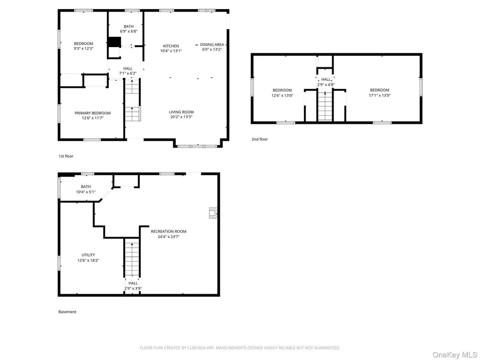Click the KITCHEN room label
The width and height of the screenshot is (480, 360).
pyautogui.click(x=171, y=46)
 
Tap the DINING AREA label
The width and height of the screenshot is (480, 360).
pyautogui.click(x=212, y=44)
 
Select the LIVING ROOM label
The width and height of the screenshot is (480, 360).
pyautogui.click(x=181, y=112)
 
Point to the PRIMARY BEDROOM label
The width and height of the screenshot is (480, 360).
pyautogui.click(x=93, y=113)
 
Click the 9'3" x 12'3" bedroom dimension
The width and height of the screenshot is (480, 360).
pyautogui.click(x=83, y=48)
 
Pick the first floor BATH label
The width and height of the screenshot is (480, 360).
pyautogui.click(x=129, y=26)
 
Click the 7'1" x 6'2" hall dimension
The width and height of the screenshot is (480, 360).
pyautogui.click(x=128, y=73)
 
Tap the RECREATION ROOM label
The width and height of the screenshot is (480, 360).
pyautogui.click(x=168, y=231)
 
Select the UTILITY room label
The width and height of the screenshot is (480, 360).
pyautogui.click(x=88, y=255)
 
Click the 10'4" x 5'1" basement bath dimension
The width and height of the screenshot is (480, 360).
pyautogui.click(x=86, y=192)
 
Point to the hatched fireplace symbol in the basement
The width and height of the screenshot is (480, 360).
pyautogui.click(x=213, y=213)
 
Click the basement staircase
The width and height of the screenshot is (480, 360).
pyautogui.click(x=132, y=257)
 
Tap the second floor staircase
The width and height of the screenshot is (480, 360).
pyautogui.click(x=325, y=106)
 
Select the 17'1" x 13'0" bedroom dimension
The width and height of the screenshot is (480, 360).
pyautogui.click(x=380, y=95)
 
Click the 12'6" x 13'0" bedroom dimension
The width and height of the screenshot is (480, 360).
pyautogui.click(x=282, y=95)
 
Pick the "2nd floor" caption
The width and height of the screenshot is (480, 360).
pyautogui.click(x=260, y=139)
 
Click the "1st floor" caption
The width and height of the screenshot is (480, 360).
pyautogui.click(x=66, y=156)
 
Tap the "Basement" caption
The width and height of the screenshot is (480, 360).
pyautogui.click(x=67, y=312)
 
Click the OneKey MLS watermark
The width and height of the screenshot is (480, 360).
pyautogui.click(x=455, y=355)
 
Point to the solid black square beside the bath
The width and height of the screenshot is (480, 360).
pyautogui.click(x=115, y=42)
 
